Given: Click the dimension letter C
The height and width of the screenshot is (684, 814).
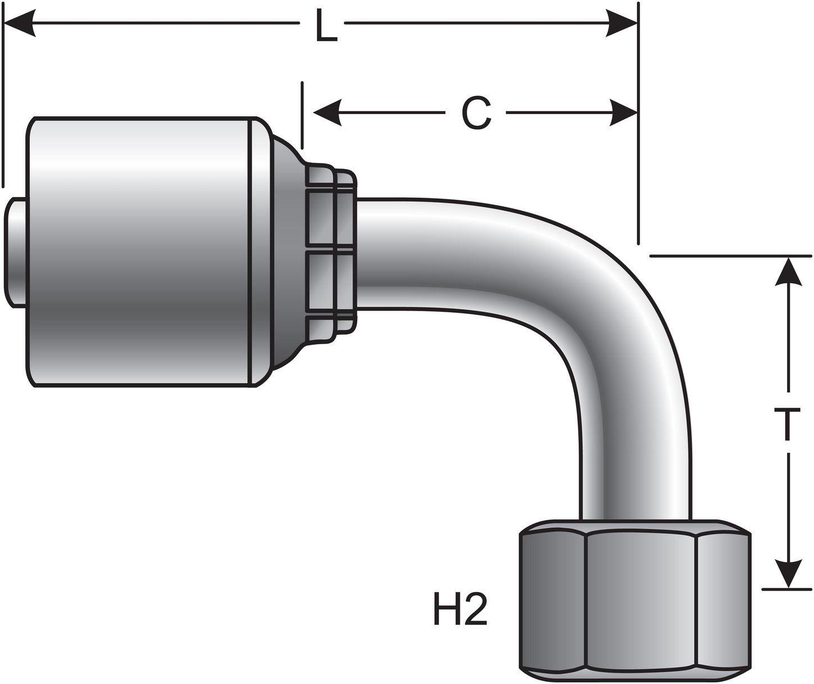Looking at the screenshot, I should coord(476,112).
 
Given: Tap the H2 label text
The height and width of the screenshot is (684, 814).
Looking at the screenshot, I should coord(460,611).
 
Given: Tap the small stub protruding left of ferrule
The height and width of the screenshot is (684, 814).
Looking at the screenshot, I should coord(15,252).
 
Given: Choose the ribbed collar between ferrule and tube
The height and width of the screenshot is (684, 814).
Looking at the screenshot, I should coord(331,252).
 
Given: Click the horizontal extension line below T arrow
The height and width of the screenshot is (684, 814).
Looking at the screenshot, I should coord(786,589).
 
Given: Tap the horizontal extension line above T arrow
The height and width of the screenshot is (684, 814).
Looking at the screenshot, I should coord(730,256).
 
